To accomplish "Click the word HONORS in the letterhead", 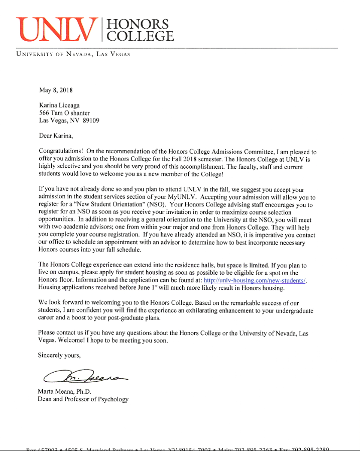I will [x=136, y=24].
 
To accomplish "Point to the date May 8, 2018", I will [x=56, y=90].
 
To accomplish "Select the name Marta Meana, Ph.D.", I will [x=66, y=392].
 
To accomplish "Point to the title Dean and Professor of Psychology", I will [x=83, y=399].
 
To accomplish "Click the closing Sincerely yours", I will [x=59, y=355].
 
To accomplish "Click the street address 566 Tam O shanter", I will [x=64, y=114].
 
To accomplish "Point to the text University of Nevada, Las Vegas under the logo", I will [x=73, y=54].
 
